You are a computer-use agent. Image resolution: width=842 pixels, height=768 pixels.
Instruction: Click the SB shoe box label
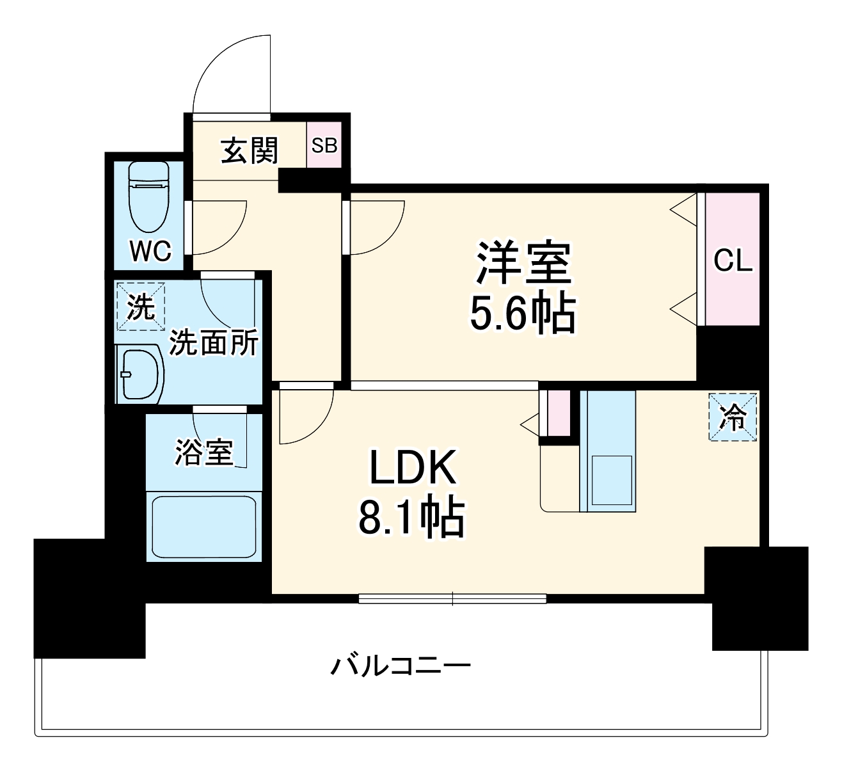point(324,145)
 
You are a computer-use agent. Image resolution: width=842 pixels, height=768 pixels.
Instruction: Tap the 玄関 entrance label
point(250,151)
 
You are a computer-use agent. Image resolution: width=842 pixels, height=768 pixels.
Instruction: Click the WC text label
point(151,251)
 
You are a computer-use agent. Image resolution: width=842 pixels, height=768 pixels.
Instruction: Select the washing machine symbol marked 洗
point(141,307)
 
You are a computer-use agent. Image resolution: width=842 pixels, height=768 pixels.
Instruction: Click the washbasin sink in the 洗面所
point(138,374)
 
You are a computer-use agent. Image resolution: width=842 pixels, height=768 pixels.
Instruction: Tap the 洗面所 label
point(213,343)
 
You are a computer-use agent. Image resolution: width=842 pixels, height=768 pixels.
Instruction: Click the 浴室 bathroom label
point(203,452)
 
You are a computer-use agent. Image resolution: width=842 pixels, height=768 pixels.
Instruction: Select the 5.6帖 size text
point(523,313)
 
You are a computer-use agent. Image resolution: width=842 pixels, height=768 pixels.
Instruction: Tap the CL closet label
point(733,260)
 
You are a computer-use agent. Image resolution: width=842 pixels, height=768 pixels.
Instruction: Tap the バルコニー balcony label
point(401,666)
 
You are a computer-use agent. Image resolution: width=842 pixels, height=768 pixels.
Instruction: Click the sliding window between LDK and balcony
point(452,599)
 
